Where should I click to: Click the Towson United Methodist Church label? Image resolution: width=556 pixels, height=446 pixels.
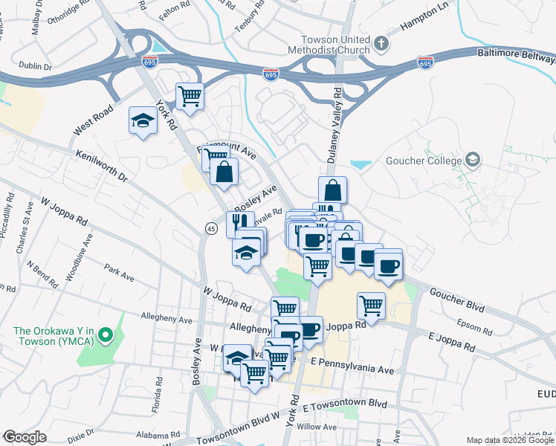pos(337,45)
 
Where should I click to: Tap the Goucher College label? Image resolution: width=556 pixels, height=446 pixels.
pos(424,161)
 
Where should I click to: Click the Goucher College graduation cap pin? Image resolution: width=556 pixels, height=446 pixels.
pos(472,160)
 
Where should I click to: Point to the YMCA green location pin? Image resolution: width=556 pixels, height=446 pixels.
pos(106,336)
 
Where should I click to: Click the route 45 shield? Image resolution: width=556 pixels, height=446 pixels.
pos(212,230)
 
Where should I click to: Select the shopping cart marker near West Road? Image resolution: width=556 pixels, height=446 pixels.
pos(190,96)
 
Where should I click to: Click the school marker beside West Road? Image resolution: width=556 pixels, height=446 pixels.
pos(142,120)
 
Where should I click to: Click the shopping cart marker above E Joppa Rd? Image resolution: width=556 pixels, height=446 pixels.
pos(370,304)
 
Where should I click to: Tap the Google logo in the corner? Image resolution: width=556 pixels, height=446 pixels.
pos(25,437)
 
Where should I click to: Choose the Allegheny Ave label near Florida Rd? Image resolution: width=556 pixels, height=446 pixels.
pos(167,320)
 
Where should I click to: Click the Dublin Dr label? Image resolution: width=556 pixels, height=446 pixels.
pos(36,66)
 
